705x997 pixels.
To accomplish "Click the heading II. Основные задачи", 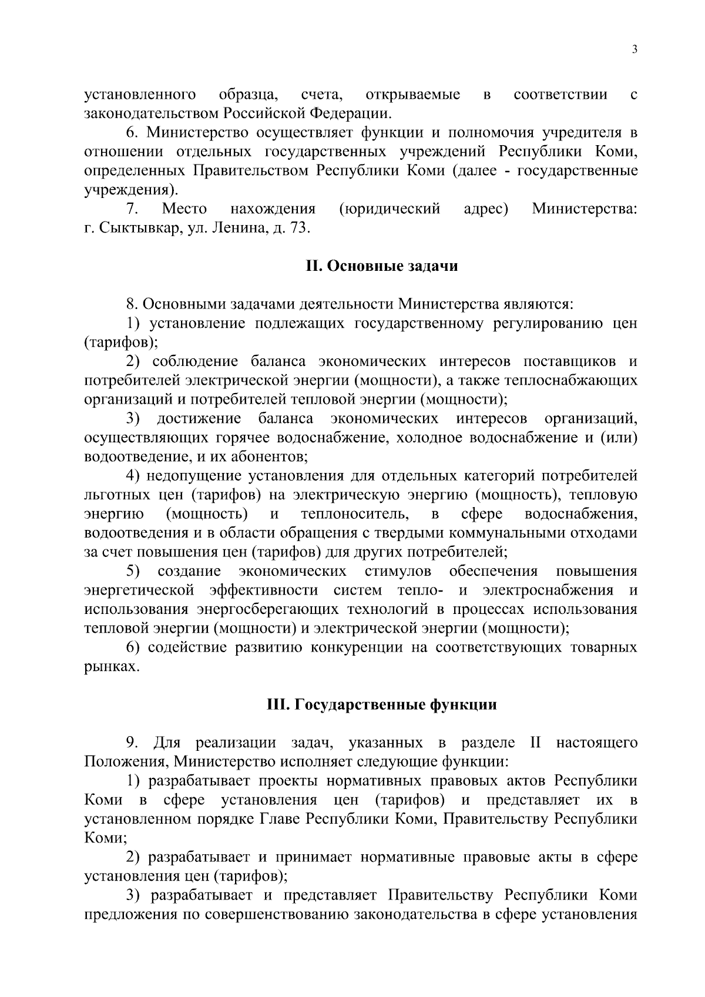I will (x=382, y=266).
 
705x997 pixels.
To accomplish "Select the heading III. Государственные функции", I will (x=382, y=704).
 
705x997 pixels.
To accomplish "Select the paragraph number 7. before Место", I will (x=132, y=209).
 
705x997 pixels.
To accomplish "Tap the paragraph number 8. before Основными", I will (x=132, y=304).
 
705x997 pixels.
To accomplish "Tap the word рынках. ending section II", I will (x=112, y=667).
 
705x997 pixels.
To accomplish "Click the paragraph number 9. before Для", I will (x=132, y=743).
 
